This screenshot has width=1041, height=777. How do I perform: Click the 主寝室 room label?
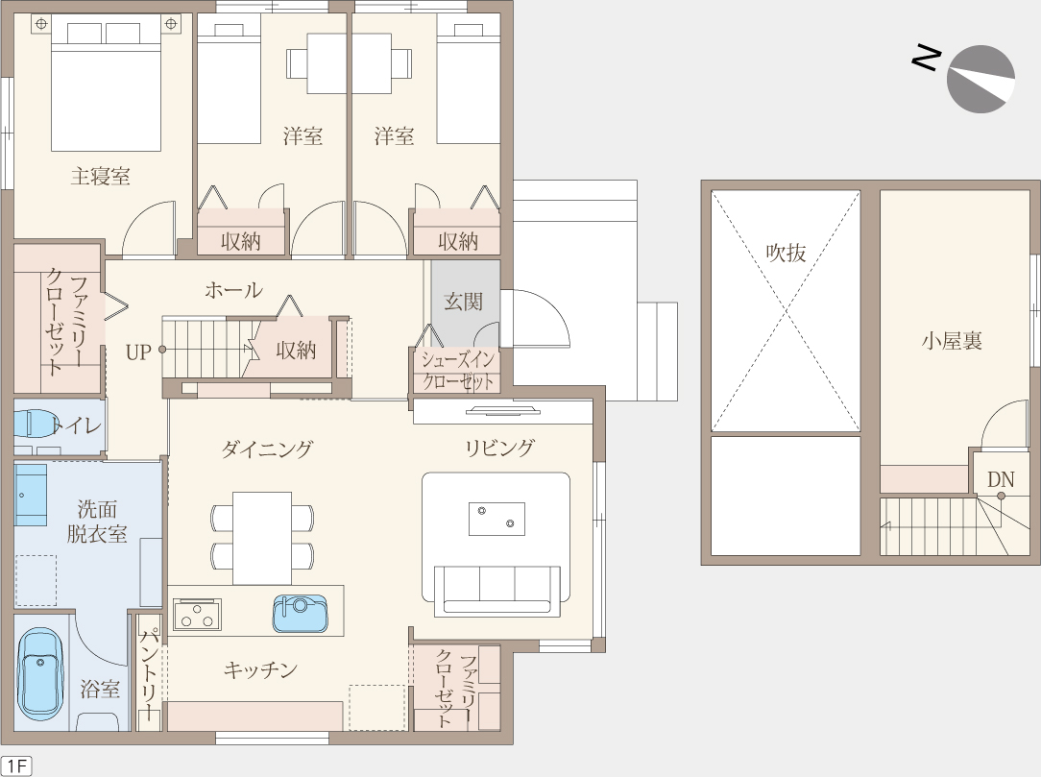[100, 177]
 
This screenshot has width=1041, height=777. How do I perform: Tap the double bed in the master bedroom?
[107, 84]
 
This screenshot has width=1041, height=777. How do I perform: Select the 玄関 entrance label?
[464, 302]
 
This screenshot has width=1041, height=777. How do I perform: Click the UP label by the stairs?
[138, 352]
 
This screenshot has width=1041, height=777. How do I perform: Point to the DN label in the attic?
[1001, 479]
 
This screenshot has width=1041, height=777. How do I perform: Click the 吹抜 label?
[787, 253]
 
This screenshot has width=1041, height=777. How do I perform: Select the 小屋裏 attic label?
[952, 341]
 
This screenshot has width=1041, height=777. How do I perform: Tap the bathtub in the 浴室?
[40, 675]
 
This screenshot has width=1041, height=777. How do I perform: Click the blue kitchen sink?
[301, 613]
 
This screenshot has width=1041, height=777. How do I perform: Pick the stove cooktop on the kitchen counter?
[197, 615]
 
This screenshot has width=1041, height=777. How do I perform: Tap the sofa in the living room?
[497, 591]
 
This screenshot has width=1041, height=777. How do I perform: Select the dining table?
[262, 539]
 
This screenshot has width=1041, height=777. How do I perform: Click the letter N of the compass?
[926, 58]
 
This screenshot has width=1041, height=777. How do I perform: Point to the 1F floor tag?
[16, 765]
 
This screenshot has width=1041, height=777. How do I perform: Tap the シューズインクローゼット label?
[459, 371]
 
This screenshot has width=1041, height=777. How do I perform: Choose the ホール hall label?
[233, 290]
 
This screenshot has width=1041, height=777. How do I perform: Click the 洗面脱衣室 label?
[97, 522]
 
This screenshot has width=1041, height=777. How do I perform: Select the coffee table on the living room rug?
[496, 519]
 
